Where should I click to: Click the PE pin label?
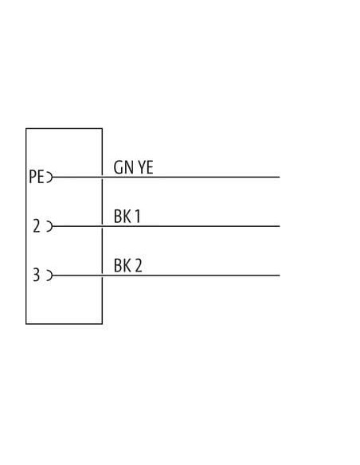[x=36, y=177]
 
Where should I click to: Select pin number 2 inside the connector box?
[x=37, y=226]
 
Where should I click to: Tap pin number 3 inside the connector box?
[x=36, y=275]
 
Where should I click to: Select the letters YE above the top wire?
[x=146, y=167]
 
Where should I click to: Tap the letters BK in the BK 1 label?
[x=123, y=217]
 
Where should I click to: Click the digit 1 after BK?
[x=137, y=217]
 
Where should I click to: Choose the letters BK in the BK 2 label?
[x=123, y=265]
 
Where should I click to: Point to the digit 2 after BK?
[x=139, y=265]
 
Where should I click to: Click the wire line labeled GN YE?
[x=166, y=177]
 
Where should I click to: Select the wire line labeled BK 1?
[x=166, y=226]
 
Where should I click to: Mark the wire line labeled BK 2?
[x=166, y=275]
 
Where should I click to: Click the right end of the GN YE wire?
[x=280, y=177]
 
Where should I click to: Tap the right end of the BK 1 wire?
[x=280, y=226]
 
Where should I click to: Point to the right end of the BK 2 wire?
[x=280, y=275]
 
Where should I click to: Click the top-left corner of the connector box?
[x=26, y=128]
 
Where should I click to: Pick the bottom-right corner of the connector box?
[x=102, y=324]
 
